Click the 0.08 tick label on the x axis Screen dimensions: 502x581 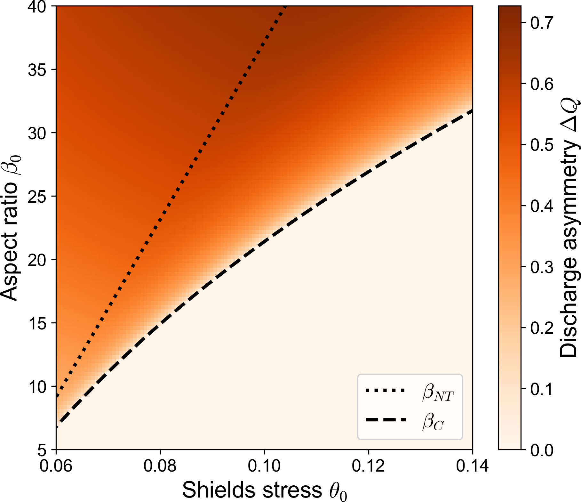tap(160, 466)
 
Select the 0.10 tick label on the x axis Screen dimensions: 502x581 tap(264, 466)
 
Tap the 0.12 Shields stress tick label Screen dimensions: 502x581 tap(368, 466)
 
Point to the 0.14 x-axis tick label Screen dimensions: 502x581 tap(472, 466)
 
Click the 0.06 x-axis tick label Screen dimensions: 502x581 tap(56, 466)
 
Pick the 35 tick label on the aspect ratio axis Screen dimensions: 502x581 tap(37, 70)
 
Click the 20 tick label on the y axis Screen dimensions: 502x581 tap(37, 260)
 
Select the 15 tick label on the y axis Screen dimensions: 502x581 tap(37, 323)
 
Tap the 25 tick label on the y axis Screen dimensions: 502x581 tap(37, 197)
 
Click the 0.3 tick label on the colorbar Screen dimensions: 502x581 tap(542, 267)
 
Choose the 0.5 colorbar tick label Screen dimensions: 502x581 tap(542, 145)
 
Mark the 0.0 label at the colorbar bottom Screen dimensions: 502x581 tap(542, 450)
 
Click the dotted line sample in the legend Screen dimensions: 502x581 tap(385, 390)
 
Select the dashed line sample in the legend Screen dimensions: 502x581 tap(385, 420)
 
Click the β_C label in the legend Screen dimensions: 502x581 tap(433, 422)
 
